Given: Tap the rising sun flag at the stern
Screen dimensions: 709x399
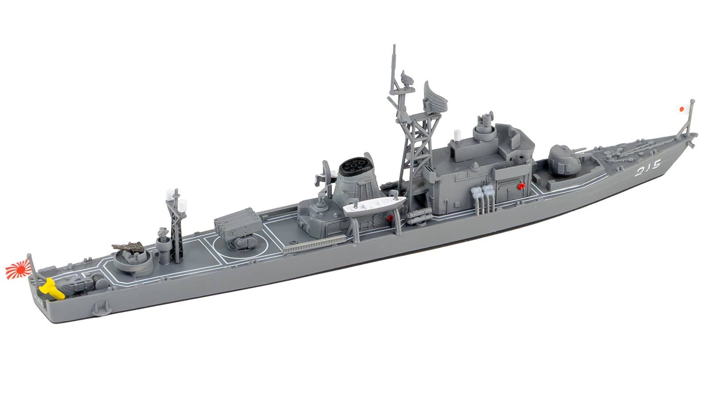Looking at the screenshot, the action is (18, 270).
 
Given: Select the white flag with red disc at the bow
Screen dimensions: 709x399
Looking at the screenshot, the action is (682, 109).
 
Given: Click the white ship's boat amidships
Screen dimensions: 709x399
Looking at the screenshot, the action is (375, 206).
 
